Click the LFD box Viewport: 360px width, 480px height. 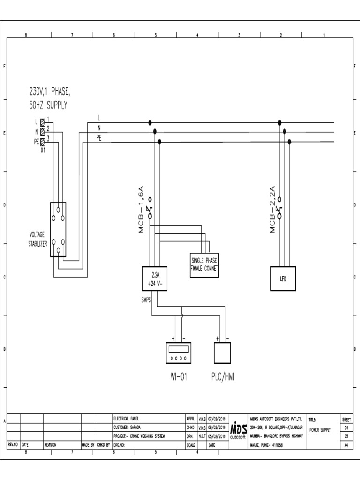(x=283, y=278)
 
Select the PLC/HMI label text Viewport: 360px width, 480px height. (x=222, y=376)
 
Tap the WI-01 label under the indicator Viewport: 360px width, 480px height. (x=179, y=376)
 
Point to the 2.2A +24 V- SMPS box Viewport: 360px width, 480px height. (x=155, y=278)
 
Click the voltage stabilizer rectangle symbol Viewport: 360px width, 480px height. (x=58, y=230)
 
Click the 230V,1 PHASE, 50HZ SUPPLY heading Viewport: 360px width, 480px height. (x=50, y=98)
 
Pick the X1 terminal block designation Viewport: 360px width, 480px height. (x=43, y=150)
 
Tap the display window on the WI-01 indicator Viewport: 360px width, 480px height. (x=179, y=349)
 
